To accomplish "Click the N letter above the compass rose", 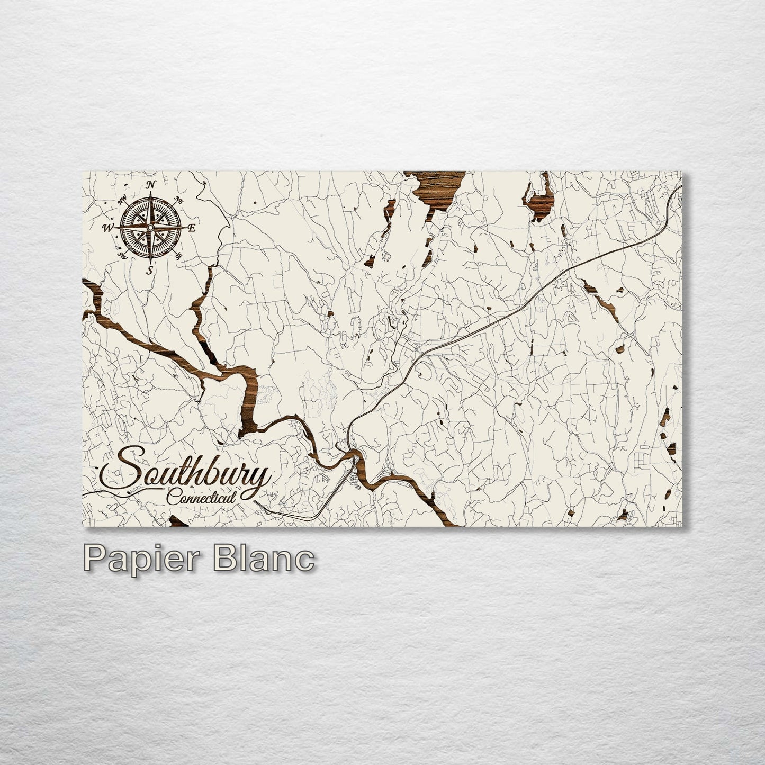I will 151,185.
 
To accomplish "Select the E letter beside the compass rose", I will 192,228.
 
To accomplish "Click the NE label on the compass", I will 179,201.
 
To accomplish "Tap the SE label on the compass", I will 179,256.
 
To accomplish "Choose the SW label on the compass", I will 123,256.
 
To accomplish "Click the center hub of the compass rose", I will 150,228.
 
